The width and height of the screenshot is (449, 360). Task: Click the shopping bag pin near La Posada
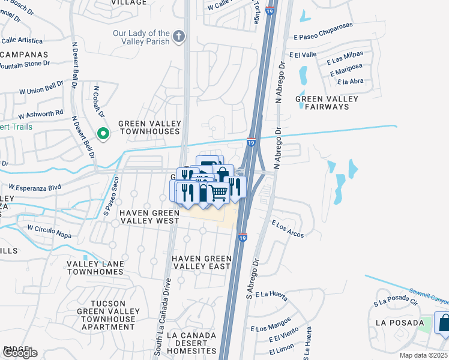coord(444,324)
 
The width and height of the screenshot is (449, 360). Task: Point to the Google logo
coord(19,353)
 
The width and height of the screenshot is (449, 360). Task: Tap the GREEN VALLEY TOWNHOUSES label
coord(149,127)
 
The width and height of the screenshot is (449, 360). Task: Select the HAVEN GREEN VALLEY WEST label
coord(149,217)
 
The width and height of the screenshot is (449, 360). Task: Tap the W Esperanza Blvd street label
coord(35,187)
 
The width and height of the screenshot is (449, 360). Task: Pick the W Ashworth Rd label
coord(41,113)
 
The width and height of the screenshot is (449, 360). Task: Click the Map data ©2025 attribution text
coord(423,355)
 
